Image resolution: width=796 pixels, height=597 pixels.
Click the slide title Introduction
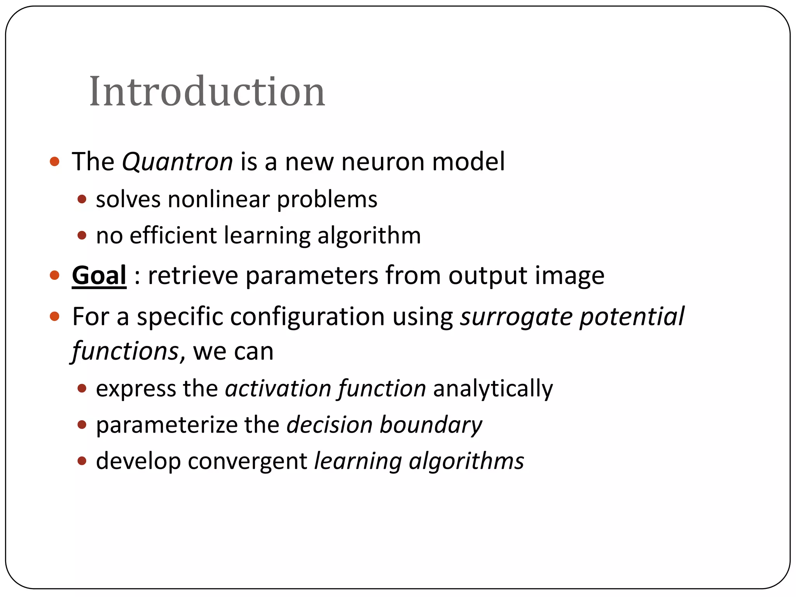[207, 92]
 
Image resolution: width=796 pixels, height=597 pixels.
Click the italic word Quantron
[177, 161]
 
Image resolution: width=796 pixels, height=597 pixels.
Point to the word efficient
[173, 236]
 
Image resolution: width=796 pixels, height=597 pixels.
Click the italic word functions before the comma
[125, 351]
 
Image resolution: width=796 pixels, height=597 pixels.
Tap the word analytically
[493, 388]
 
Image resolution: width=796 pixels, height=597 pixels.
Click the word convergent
[248, 461]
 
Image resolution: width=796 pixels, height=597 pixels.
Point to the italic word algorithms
[466, 461]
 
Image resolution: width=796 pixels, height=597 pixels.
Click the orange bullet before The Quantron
[55, 161]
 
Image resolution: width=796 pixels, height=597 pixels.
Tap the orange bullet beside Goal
[55, 276]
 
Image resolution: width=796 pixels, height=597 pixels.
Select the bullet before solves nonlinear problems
[82, 199]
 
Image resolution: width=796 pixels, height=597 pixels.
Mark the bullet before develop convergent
[82, 461]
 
